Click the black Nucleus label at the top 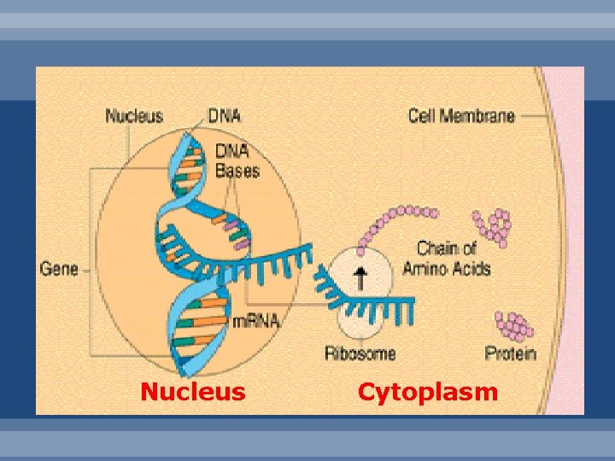pos(135,116)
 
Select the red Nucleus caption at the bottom pos(193,392)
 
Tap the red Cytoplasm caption pos(427,392)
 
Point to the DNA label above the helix pos(225,116)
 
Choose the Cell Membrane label pos(461,115)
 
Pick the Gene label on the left pos(58,269)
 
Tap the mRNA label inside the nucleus pos(255,322)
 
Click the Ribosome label pos(360,353)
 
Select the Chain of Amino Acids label pos(453,259)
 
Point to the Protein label pos(510,353)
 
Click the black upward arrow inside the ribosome pos(360,276)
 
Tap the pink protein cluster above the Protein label pos(513,325)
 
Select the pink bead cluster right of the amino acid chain pos(494,227)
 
